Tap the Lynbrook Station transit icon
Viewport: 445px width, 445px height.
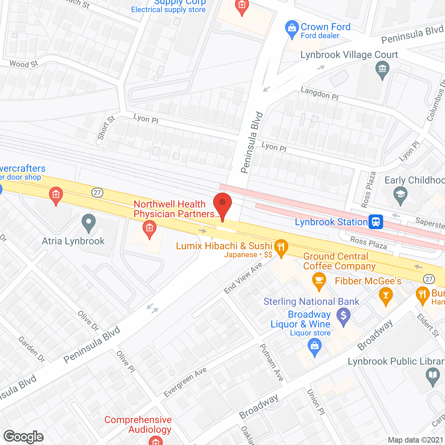point(376,222)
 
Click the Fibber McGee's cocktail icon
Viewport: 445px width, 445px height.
point(386,295)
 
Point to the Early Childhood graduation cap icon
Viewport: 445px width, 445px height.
point(400,195)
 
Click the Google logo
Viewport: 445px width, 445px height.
point(24,436)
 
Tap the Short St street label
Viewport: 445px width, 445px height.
point(106,128)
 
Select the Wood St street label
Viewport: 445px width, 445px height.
point(24,64)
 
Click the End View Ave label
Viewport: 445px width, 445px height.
point(243,278)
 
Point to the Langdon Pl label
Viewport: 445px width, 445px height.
point(319,93)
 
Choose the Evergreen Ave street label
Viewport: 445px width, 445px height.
point(185,382)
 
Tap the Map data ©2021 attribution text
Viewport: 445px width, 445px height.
point(415,440)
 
